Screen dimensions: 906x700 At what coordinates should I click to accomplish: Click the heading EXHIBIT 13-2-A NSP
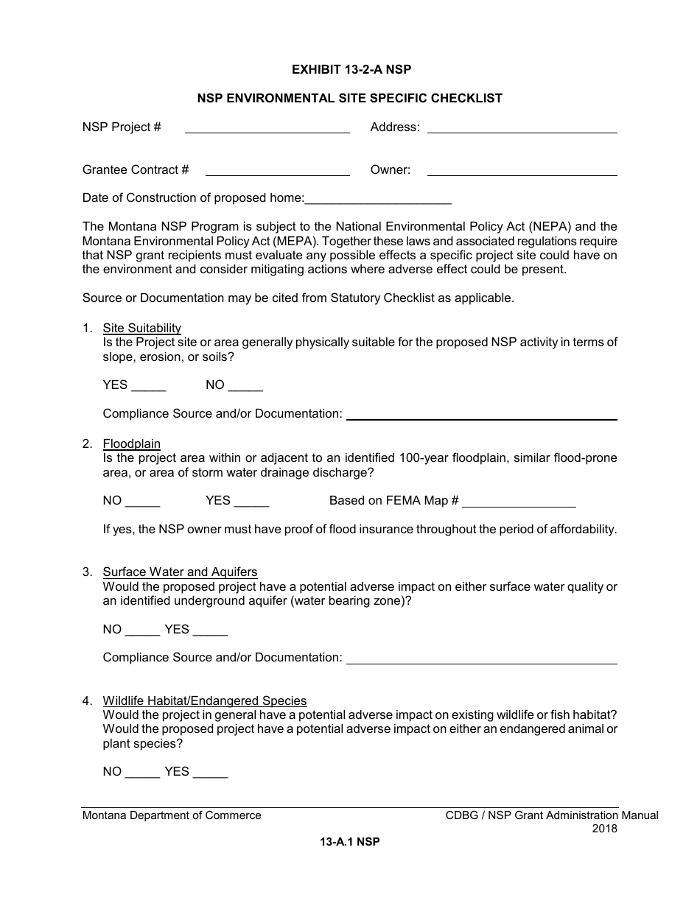[351, 70]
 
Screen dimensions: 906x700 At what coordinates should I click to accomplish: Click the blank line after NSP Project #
[267, 128]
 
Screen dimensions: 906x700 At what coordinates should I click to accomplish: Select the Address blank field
[522, 128]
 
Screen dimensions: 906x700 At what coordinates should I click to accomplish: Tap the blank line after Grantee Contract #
[277, 171]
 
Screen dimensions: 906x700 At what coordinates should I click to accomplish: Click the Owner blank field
[522, 171]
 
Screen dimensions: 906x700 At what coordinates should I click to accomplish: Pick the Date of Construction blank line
[378, 199]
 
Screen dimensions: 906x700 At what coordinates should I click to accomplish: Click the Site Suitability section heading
[141, 328]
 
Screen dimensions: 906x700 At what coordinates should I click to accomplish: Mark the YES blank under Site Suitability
[149, 386]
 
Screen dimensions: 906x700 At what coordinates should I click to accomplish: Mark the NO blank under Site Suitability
[245, 386]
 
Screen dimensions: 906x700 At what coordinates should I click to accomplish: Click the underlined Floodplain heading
[131, 443]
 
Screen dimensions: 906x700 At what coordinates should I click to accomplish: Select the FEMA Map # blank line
[519, 502]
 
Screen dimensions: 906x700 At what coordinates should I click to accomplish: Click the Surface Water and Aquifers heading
[180, 572]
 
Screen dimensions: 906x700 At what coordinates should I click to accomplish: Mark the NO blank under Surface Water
[142, 631]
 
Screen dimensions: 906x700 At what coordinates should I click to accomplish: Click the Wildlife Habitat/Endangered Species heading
[205, 700]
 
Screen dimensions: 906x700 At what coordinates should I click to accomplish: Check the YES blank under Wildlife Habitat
[210, 773]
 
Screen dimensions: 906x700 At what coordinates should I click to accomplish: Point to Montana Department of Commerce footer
[172, 815]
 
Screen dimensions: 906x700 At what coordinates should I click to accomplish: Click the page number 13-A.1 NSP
[350, 842]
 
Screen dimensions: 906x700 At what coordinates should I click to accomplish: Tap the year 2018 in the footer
[604, 829]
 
